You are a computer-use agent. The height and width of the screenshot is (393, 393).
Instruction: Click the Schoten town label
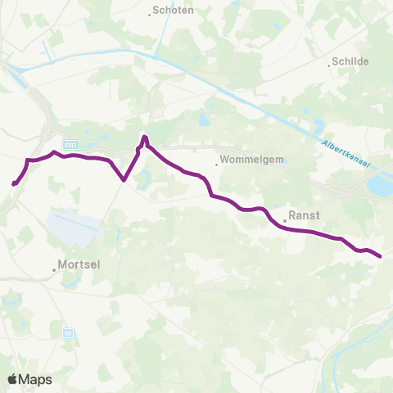[x=173, y=11]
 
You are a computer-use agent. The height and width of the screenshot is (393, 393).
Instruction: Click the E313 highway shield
[x=70, y=142]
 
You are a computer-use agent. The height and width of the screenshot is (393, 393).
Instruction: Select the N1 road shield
[x=67, y=333]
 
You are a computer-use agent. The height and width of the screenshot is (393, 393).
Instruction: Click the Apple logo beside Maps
[x=13, y=379]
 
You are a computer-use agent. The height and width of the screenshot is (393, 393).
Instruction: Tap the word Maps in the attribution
[x=36, y=379]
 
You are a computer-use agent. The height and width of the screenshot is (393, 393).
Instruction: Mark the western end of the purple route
[x=14, y=184]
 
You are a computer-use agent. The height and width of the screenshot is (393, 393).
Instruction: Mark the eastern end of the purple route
[x=381, y=256]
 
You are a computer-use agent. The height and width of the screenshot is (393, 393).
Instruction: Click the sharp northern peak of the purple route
[x=144, y=137]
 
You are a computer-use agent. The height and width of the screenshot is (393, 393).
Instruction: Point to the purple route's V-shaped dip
[x=123, y=179]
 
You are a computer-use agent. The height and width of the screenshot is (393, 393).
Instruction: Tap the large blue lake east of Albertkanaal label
[x=380, y=187]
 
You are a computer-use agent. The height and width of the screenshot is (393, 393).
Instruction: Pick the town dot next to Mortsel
[x=55, y=269]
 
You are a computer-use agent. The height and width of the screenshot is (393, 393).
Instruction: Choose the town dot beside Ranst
[x=283, y=221]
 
